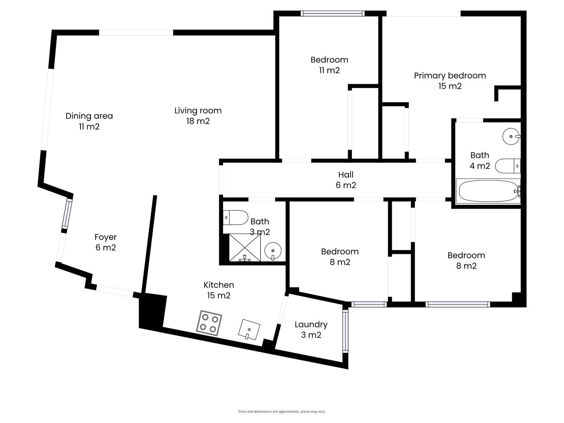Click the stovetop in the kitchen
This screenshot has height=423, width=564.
209,323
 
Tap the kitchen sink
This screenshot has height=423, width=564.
249,329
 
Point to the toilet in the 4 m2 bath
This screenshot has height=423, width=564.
508,166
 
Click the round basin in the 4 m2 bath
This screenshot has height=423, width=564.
511,136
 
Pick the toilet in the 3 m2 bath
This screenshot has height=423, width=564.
235,218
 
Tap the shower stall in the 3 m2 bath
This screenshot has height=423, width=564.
245,247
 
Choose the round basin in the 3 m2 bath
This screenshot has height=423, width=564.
273,250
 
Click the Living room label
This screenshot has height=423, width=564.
198,115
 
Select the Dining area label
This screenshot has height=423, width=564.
89,121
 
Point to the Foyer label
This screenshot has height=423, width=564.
106,242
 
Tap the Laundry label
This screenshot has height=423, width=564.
311,329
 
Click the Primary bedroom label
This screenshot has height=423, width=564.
450,80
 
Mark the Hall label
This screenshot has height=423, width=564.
346,180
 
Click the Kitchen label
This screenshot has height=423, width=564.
219,290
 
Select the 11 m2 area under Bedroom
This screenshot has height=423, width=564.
329,70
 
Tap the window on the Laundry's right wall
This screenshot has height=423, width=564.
345,331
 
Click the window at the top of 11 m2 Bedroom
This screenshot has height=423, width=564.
332,14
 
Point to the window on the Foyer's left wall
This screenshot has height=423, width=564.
67,214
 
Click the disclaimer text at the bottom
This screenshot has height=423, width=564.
282,411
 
